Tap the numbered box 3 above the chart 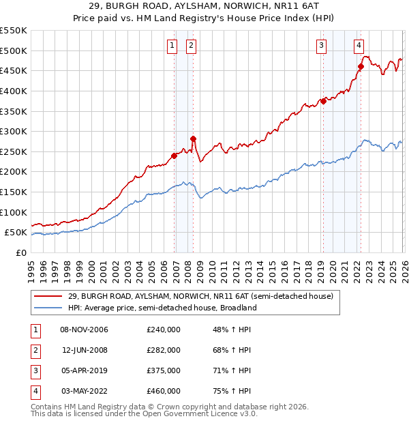pos(320,46)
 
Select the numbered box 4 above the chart pos(358,46)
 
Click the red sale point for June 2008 pos(194,138)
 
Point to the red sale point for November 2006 pos(175,156)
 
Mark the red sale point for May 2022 pos(361,67)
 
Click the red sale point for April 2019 pos(324,101)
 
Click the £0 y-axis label pos(21,252)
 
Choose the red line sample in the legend pos(48,296)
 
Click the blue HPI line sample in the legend pos(48,308)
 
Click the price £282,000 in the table pos(164,350)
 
